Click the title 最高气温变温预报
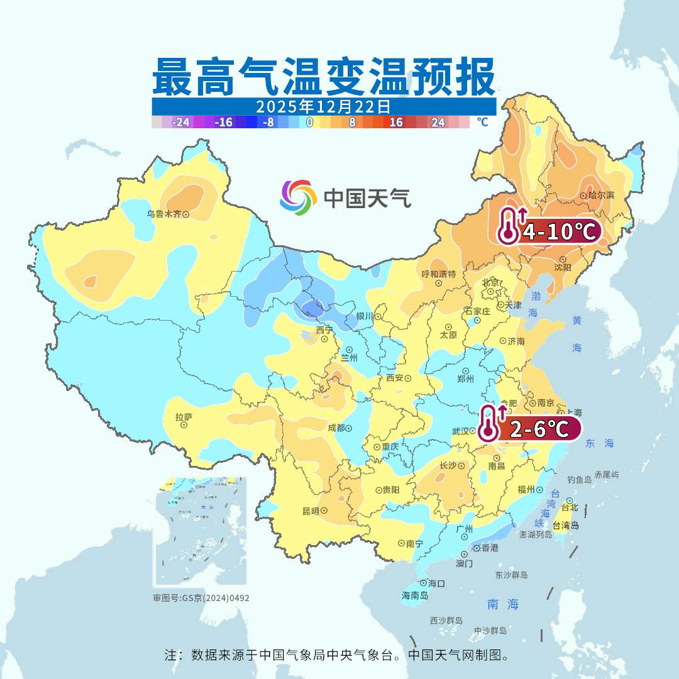[324, 76]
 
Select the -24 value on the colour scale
[181, 123]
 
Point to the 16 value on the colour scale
[396, 123]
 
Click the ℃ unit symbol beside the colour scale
[482, 122]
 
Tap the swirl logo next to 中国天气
[298, 197]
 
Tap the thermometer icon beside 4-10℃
[508, 226]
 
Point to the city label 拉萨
[184, 416]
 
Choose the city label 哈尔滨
[602, 196]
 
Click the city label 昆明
[311, 511]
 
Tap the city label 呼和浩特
[438, 274]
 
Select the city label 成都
[336, 428]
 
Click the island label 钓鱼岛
[579, 480]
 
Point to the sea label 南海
[503, 605]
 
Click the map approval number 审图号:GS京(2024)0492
[201, 598]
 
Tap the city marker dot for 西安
[408, 378]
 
